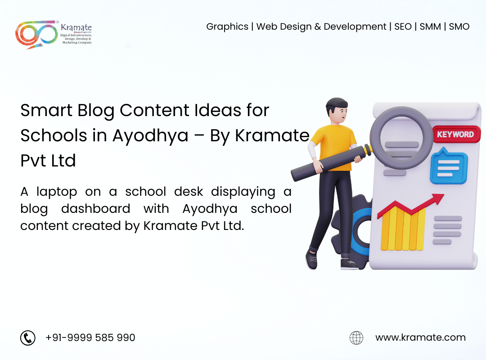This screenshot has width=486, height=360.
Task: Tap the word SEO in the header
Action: click(x=403, y=27)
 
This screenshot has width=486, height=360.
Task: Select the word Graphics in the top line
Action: click(x=227, y=27)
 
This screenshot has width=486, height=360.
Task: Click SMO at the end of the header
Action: click(x=459, y=27)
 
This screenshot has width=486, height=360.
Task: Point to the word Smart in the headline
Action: click(x=46, y=110)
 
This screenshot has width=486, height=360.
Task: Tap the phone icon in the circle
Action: click(x=28, y=337)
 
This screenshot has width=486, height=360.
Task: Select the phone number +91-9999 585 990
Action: click(x=90, y=337)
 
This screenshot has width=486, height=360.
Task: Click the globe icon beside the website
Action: click(x=356, y=337)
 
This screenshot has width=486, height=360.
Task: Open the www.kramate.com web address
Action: click(x=420, y=337)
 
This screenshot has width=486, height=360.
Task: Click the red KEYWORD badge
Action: click(x=456, y=134)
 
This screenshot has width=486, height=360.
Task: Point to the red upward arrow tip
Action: click(x=444, y=194)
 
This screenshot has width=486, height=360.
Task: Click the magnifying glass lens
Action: click(x=401, y=137)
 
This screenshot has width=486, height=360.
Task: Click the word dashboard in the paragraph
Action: click(x=95, y=208)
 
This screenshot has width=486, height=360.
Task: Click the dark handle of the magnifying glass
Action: click(x=328, y=163)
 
